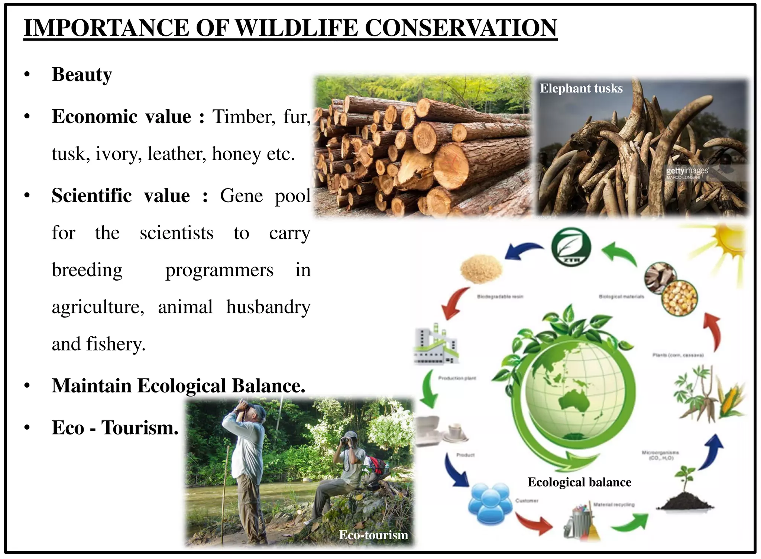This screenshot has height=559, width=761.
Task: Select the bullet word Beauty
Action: pyautogui.click(x=82, y=74)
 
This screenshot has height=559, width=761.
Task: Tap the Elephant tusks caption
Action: pyautogui.click(x=581, y=88)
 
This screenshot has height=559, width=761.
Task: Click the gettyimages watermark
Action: pyautogui.click(x=687, y=171)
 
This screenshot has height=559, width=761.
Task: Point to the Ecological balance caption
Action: pyautogui.click(x=579, y=482)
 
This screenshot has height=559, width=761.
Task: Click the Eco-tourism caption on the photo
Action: pyautogui.click(x=373, y=535)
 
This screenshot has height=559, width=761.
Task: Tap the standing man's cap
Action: pyautogui.click(x=258, y=409)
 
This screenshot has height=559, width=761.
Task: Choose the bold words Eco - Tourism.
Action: pyautogui.click(x=115, y=427)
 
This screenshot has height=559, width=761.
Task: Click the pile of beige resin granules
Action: pyautogui.click(x=481, y=269)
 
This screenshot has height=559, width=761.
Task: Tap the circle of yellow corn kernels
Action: pyautogui.click(x=680, y=298)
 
